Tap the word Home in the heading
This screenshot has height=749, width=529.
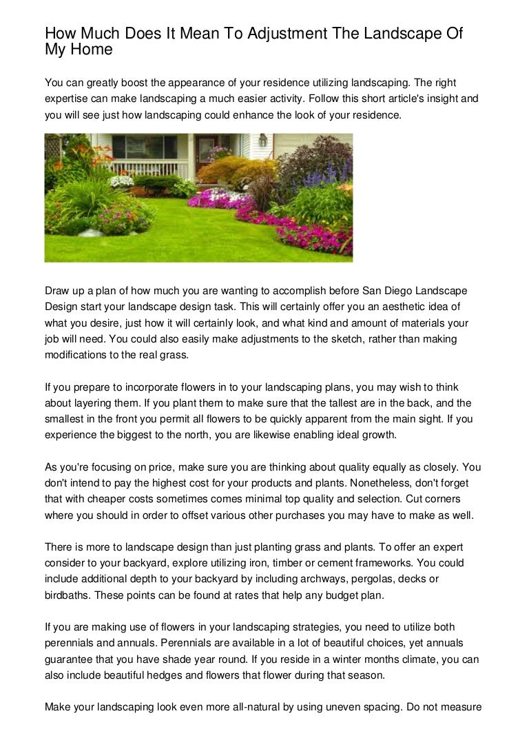point(90,51)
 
